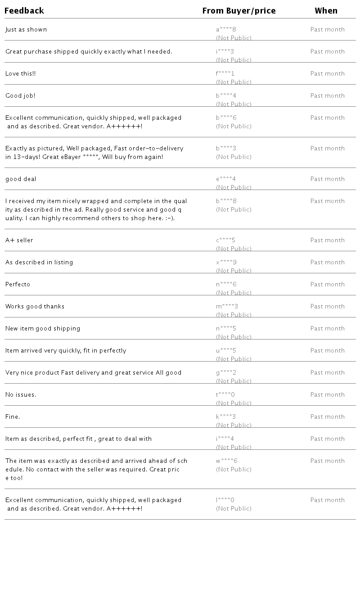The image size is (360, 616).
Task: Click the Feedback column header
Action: [x=24, y=10]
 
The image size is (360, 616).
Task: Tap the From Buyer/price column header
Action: [x=239, y=10]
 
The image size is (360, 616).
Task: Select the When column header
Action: [x=326, y=10]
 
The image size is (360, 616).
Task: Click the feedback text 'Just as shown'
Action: [x=26, y=30]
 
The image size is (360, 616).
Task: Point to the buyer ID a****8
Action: [x=226, y=30]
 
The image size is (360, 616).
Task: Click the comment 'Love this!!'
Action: [x=20, y=74]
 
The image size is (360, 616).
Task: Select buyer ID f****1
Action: [x=225, y=74]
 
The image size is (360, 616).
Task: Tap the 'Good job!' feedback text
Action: [x=20, y=96]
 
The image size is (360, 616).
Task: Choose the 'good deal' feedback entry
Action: [x=21, y=179]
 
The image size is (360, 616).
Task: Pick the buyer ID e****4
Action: [x=226, y=179]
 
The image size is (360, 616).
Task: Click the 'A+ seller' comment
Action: [x=19, y=240]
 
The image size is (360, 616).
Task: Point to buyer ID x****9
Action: [x=226, y=263]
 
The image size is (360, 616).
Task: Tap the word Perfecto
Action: [x=18, y=285]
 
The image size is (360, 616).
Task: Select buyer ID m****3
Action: [x=227, y=307]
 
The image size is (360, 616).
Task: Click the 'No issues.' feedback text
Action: [x=21, y=395]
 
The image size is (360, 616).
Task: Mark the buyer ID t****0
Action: [x=225, y=395]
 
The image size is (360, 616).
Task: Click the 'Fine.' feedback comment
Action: [x=13, y=417]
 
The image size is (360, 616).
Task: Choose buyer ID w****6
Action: [x=227, y=461]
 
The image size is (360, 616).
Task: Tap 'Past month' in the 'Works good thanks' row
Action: [x=327, y=307]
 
